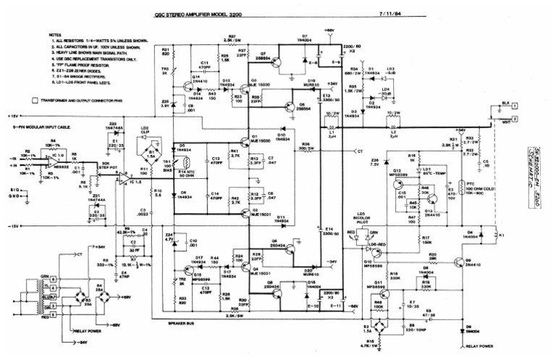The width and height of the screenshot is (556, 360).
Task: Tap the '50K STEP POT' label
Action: click(x=111, y=166)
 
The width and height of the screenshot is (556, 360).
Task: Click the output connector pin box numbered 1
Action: click(x=515, y=106)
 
